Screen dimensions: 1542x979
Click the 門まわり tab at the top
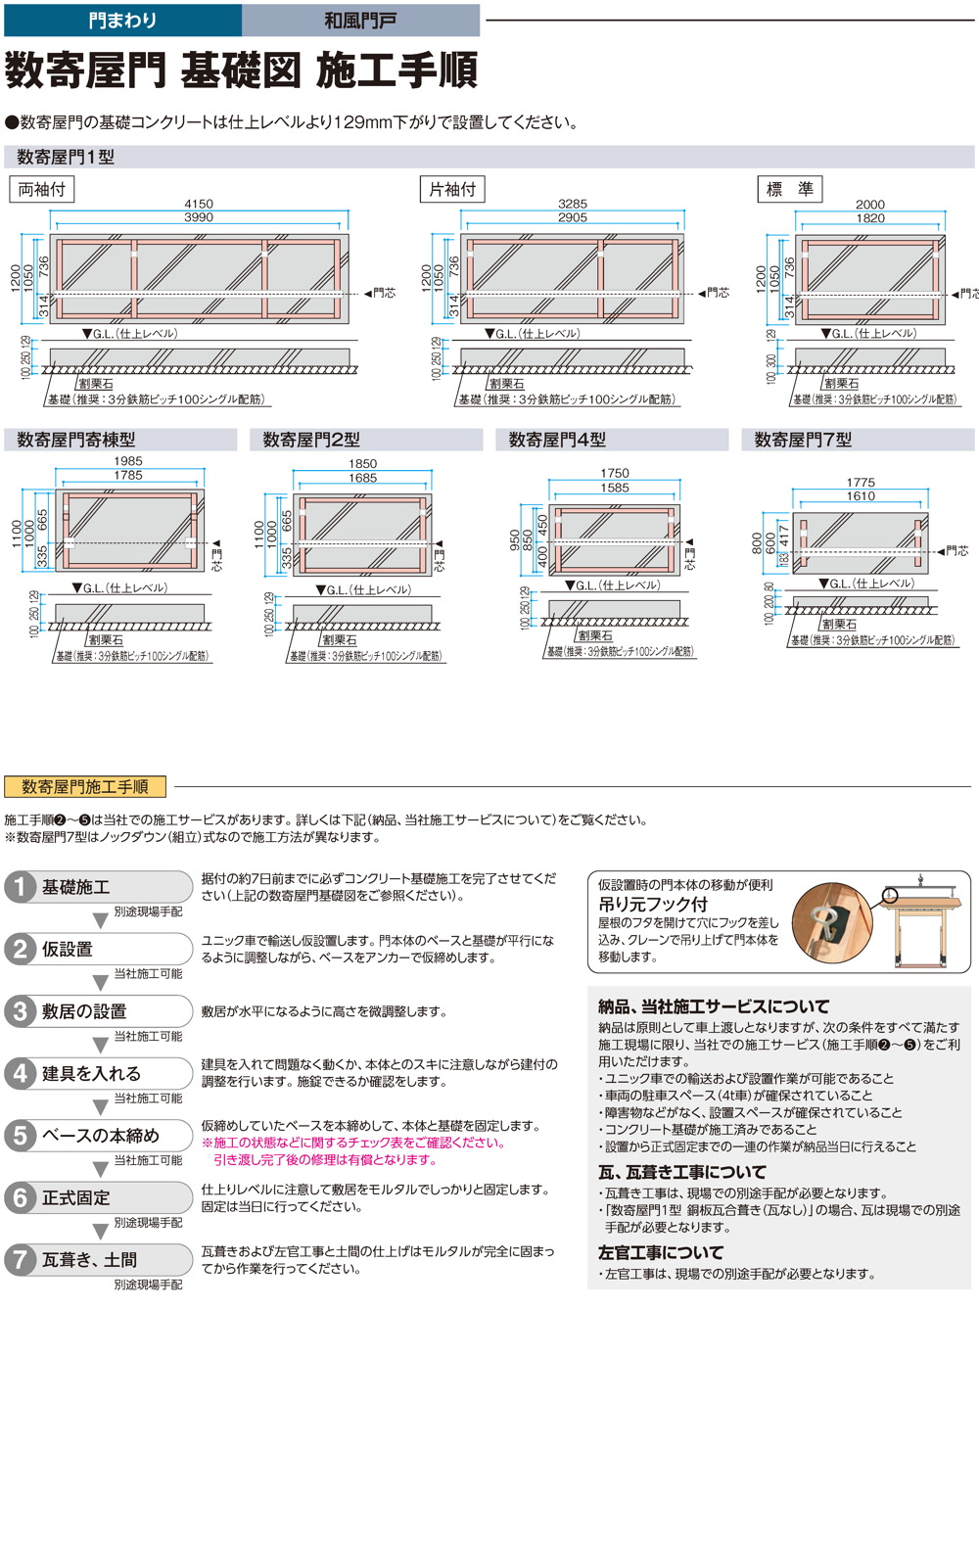coord(122,20)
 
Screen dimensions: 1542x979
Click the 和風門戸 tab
coord(360,20)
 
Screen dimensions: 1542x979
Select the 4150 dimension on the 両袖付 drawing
coord(199,204)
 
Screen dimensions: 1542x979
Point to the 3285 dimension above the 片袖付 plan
coord(573,204)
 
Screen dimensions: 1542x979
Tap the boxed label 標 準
coord(789,189)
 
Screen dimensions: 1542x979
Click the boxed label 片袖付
coord(452,189)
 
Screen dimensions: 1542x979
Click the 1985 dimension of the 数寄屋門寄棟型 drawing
coord(128,461)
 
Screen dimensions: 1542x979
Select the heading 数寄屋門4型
coord(557,440)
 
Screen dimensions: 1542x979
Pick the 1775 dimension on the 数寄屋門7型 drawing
coord(861,482)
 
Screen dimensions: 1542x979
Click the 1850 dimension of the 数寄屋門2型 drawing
coord(362,464)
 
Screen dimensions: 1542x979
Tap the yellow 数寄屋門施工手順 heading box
coord(85,786)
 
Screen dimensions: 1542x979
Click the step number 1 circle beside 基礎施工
coord(20,887)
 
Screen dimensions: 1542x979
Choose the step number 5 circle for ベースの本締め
coord(20,1136)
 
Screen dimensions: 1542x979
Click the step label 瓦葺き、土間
coord(89,1260)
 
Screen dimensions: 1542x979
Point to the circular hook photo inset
coord(832,922)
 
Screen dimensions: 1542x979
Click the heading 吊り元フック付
coord(653,904)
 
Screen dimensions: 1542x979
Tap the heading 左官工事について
coord(661,1252)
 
